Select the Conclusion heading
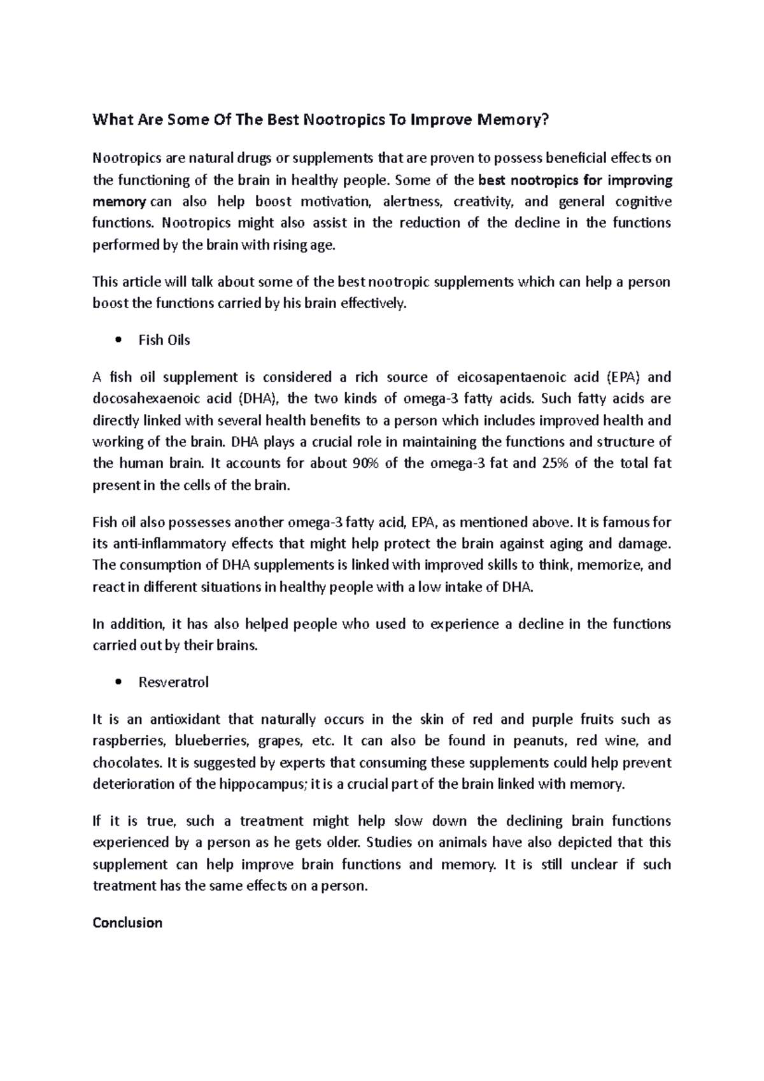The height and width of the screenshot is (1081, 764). click(x=127, y=922)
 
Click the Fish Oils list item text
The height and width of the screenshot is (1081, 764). click(x=164, y=340)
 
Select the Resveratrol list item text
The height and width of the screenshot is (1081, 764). click(x=173, y=682)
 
